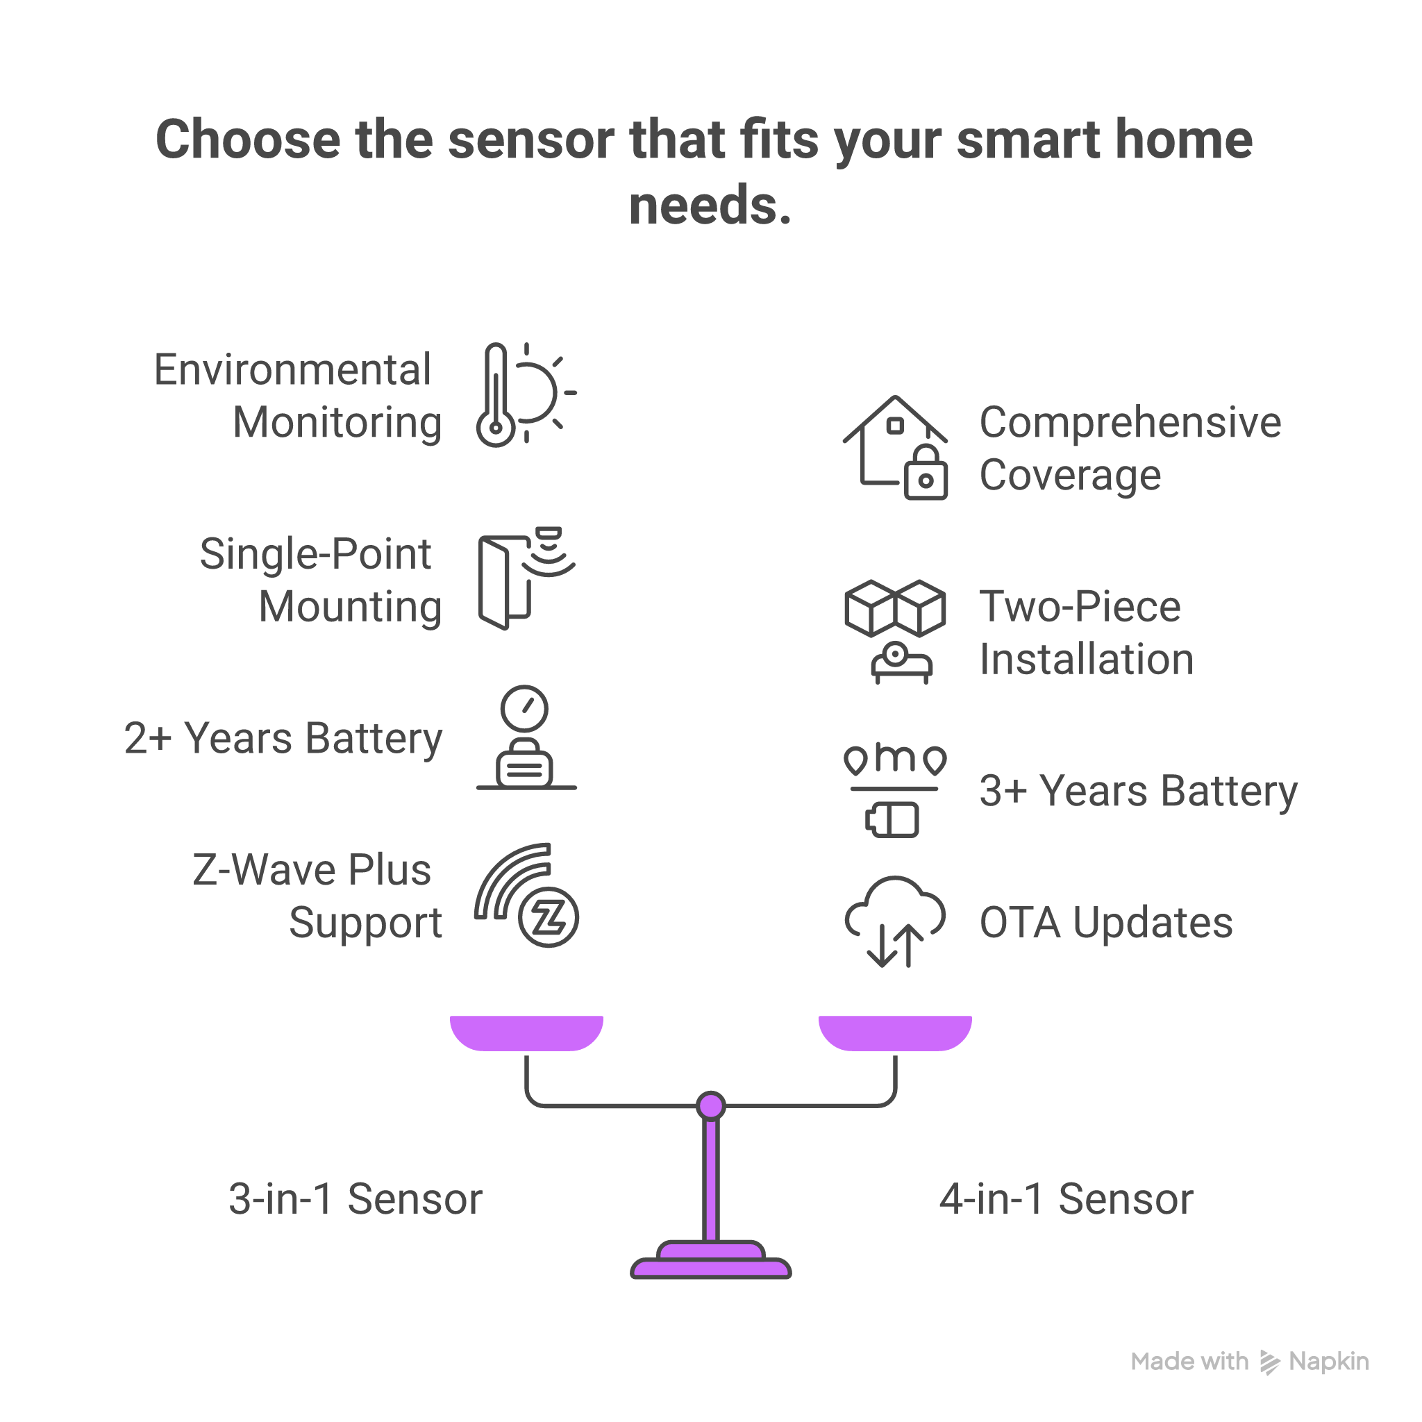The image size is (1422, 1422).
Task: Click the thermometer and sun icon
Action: pyautogui.click(x=526, y=394)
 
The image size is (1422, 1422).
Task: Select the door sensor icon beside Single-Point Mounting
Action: pyautogui.click(x=526, y=578)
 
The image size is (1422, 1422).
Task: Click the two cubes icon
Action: pyautogui.click(x=895, y=608)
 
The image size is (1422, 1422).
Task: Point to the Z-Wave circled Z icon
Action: pyautogui.click(x=549, y=917)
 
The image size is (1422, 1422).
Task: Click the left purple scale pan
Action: pyautogui.click(x=526, y=1032)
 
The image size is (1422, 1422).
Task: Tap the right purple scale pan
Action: pyautogui.click(x=895, y=1032)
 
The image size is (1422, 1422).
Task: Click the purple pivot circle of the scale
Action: pyautogui.click(x=711, y=1105)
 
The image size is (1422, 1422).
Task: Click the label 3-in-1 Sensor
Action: pyautogui.click(x=355, y=1199)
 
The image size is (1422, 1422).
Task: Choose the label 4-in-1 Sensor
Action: pyautogui.click(x=1066, y=1199)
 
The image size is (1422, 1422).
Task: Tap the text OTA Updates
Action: pyautogui.click(x=1105, y=922)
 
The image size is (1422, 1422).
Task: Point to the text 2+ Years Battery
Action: pyautogui.click(x=283, y=738)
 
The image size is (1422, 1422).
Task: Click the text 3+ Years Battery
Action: pyautogui.click(x=1138, y=792)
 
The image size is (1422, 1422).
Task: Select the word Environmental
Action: pyautogui.click(x=292, y=369)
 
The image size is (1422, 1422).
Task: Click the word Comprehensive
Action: pyautogui.click(x=1130, y=422)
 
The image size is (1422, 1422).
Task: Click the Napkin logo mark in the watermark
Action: pyautogui.click(x=1270, y=1362)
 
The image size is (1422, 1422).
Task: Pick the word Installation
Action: pyautogui.click(x=1087, y=659)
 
